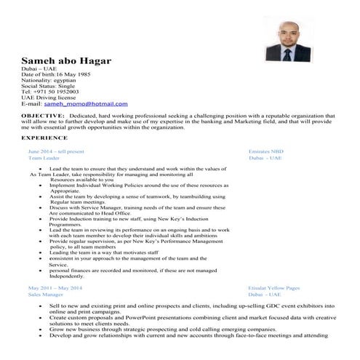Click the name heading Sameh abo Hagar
click(66, 60)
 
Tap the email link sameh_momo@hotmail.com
click(85, 104)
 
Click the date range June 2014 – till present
click(56, 151)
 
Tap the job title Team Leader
click(44, 158)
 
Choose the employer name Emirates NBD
click(266, 151)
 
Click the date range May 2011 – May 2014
click(55, 288)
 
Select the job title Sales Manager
click(45, 295)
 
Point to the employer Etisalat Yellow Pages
click(273, 288)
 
